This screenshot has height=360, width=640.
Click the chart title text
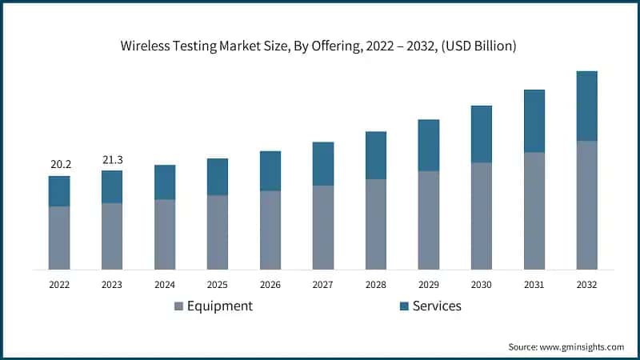tap(318, 46)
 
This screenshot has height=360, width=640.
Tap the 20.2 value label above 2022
tap(61, 165)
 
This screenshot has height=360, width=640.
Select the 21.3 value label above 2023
tap(113, 160)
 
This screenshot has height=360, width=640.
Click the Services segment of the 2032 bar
tap(586, 106)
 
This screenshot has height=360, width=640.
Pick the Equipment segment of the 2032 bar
tap(586, 205)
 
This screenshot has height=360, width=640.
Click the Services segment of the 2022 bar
tap(59, 191)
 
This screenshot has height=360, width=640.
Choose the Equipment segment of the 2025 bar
tap(218, 232)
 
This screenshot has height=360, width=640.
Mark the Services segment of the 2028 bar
tap(375, 155)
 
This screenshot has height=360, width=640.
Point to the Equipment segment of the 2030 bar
tap(481, 216)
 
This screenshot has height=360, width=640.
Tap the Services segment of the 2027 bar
tap(322, 164)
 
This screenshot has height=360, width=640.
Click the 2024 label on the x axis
tap(165, 284)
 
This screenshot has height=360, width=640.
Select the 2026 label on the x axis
tap(270, 284)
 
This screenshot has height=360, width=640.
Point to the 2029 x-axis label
tap(428, 284)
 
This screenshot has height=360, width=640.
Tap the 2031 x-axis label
tap(534, 284)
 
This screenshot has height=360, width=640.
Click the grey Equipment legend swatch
tap(179, 306)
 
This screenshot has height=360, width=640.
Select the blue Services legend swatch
tap(404, 306)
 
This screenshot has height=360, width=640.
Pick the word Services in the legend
tap(437, 306)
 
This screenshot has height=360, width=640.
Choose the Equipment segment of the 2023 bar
tap(112, 236)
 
